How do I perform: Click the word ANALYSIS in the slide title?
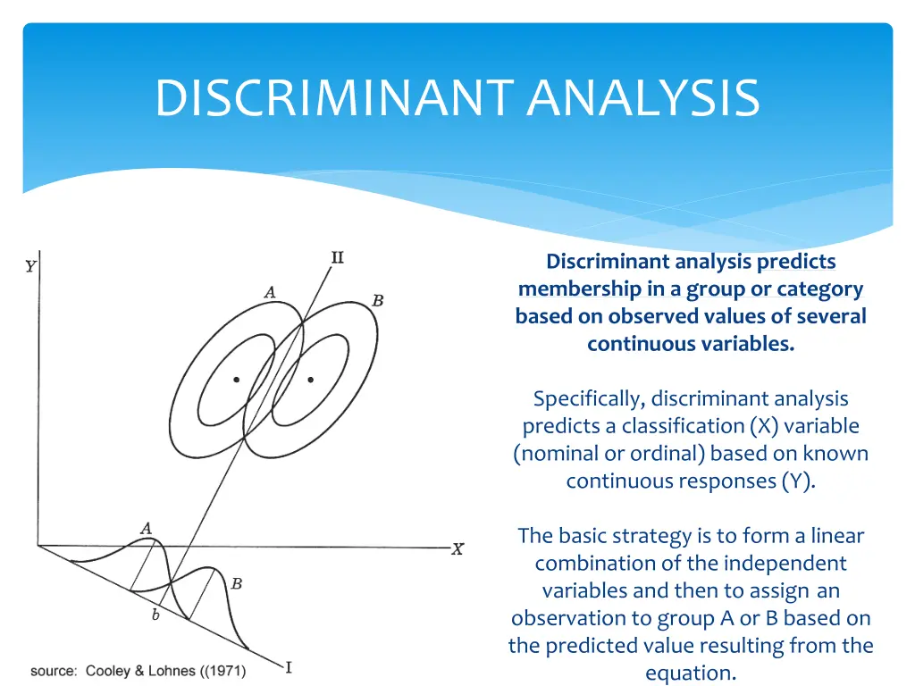coord(643,98)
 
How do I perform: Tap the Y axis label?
coord(30,266)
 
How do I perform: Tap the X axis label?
coord(457,549)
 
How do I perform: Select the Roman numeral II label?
coord(337,258)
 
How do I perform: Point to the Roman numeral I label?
coord(289,666)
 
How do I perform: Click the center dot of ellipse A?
coord(236,380)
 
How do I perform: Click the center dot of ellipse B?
coord(310,380)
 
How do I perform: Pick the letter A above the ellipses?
coord(270,291)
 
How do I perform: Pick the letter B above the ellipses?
coord(378,301)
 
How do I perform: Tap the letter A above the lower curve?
coord(146,528)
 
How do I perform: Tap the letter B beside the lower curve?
coord(236,584)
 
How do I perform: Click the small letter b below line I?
coord(155,615)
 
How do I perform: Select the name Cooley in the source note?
coord(110,671)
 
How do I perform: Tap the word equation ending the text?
coord(690,673)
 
